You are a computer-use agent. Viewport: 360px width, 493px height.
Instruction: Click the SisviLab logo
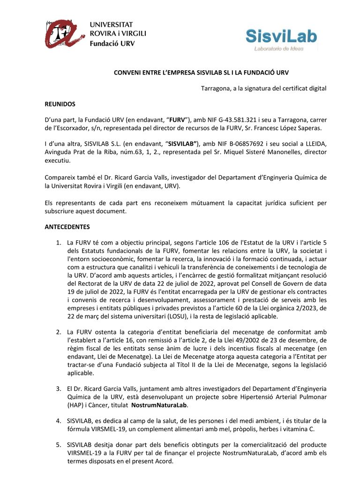[x=281, y=37]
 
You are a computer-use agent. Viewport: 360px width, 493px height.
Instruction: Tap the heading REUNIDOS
[x=60, y=104]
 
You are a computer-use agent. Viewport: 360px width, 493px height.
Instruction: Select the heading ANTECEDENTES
[x=67, y=227]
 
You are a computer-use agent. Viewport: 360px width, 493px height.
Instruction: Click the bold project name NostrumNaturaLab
[x=160, y=405]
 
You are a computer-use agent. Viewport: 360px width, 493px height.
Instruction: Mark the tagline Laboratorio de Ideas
[x=279, y=48]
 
